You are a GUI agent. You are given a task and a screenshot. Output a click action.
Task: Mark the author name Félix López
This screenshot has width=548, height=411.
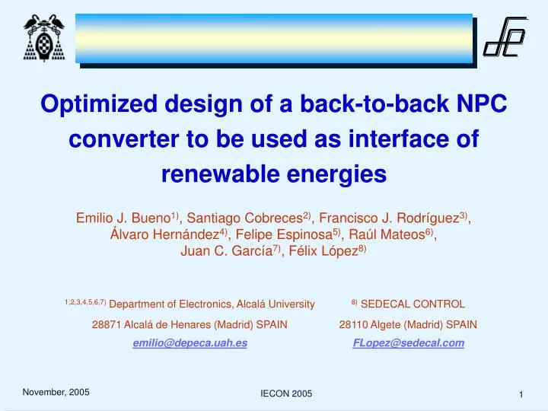click(x=320, y=252)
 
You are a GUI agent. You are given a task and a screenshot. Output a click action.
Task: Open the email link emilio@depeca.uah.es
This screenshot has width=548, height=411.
click(x=190, y=343)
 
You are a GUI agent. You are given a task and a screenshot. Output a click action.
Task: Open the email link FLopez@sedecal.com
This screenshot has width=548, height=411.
click(x=408, y=343)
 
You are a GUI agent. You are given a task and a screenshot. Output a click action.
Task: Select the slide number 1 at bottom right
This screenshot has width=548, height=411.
click(x=521, y=393)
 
